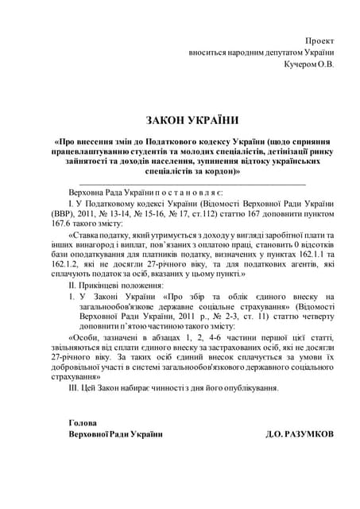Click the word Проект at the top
tap(320, 40)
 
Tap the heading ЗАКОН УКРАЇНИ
tap(192, 119)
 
